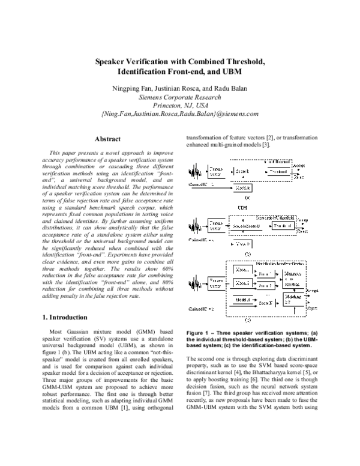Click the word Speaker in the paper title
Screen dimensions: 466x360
[117, 62]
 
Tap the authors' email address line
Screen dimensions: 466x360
[179, 112]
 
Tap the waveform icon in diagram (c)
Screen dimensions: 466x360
[195, 282]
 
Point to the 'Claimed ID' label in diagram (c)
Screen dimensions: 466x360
[202, 309]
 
